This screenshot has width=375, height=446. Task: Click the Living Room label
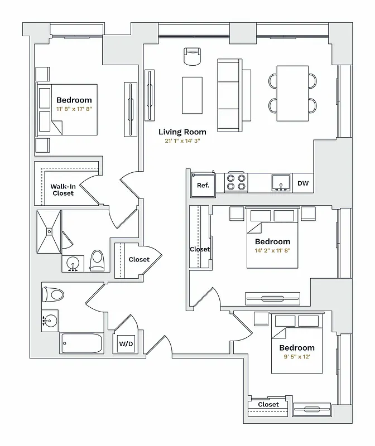click(x=182, y=132)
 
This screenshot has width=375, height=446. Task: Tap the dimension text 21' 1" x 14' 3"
click(x=182, y=141)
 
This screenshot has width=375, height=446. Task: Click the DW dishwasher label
click(x=303, y=183)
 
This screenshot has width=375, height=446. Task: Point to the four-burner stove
click(x=236, y=183)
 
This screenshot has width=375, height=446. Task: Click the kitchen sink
click(x=281, y=183)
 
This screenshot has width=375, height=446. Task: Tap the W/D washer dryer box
click(x=126, y=345)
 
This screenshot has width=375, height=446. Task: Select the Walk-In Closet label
click(x=63, y=190)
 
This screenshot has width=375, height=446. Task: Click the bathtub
click(x=81, y=343)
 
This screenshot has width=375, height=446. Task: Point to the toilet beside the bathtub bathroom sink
click(x=54, y=294)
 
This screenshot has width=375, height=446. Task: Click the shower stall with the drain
click(x=49, y=231)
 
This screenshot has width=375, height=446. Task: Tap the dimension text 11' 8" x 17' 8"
click(x=74, y=109)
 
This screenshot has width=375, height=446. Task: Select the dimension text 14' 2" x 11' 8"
click(x=272, y=250)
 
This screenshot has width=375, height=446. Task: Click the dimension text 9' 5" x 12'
click(x=297, y=357)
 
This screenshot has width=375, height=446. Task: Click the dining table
click(x=293, y=93)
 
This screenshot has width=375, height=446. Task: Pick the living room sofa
click(x=229, y=95)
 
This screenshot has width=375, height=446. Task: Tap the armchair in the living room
click(x=192, y=56)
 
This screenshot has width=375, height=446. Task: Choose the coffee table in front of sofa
click(x=193, y=94)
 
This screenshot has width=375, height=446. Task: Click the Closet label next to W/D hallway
click(x=139, y=259)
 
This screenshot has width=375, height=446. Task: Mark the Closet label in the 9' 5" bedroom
click(x=268, y=404)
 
